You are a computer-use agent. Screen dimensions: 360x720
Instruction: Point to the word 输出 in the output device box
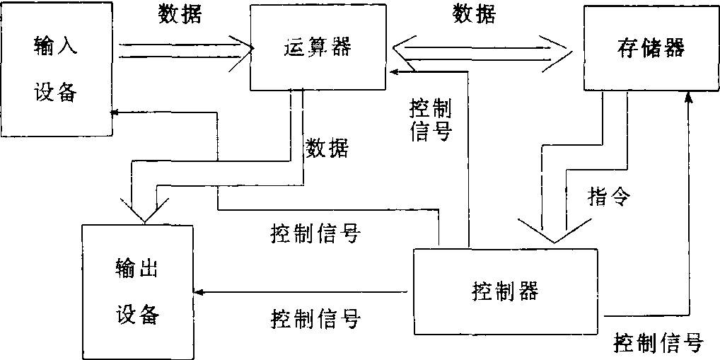(136, 268)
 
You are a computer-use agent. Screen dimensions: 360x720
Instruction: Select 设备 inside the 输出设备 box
(136, 313)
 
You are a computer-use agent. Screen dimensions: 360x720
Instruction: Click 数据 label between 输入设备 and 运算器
(180, 15)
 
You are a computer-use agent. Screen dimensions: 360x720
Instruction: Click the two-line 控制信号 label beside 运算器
(430, 120)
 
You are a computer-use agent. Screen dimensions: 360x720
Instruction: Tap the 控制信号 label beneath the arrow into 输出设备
(315, 318)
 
